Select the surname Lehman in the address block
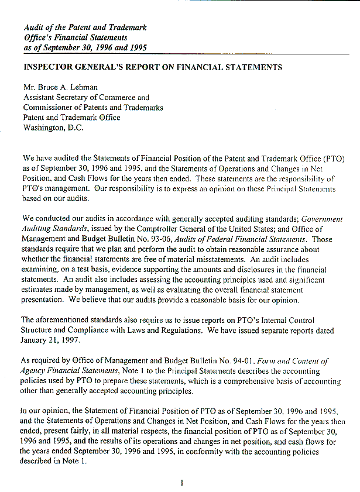tap(86, 87)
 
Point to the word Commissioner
tap(49, 108)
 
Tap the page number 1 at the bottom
tap(181, 483)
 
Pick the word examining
tap(43, 269)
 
